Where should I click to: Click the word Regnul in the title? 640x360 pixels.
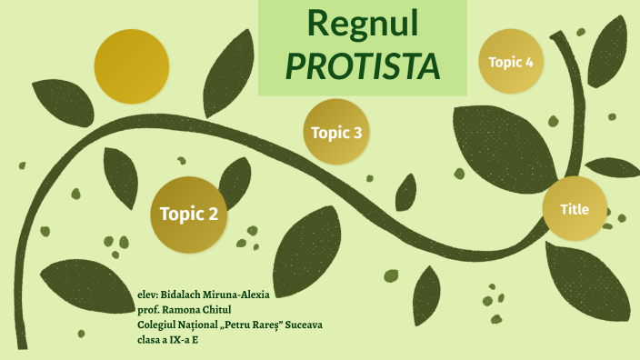point(363,24)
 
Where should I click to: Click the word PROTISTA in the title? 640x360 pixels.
point(363,65)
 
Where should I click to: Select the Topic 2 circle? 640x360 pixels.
point(189,215)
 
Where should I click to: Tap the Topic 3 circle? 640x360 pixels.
point(336,133)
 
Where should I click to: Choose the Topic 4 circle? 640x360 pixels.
point(511,62)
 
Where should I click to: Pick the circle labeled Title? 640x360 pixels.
point(575,209)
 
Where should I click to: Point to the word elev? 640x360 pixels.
point(146,295)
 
